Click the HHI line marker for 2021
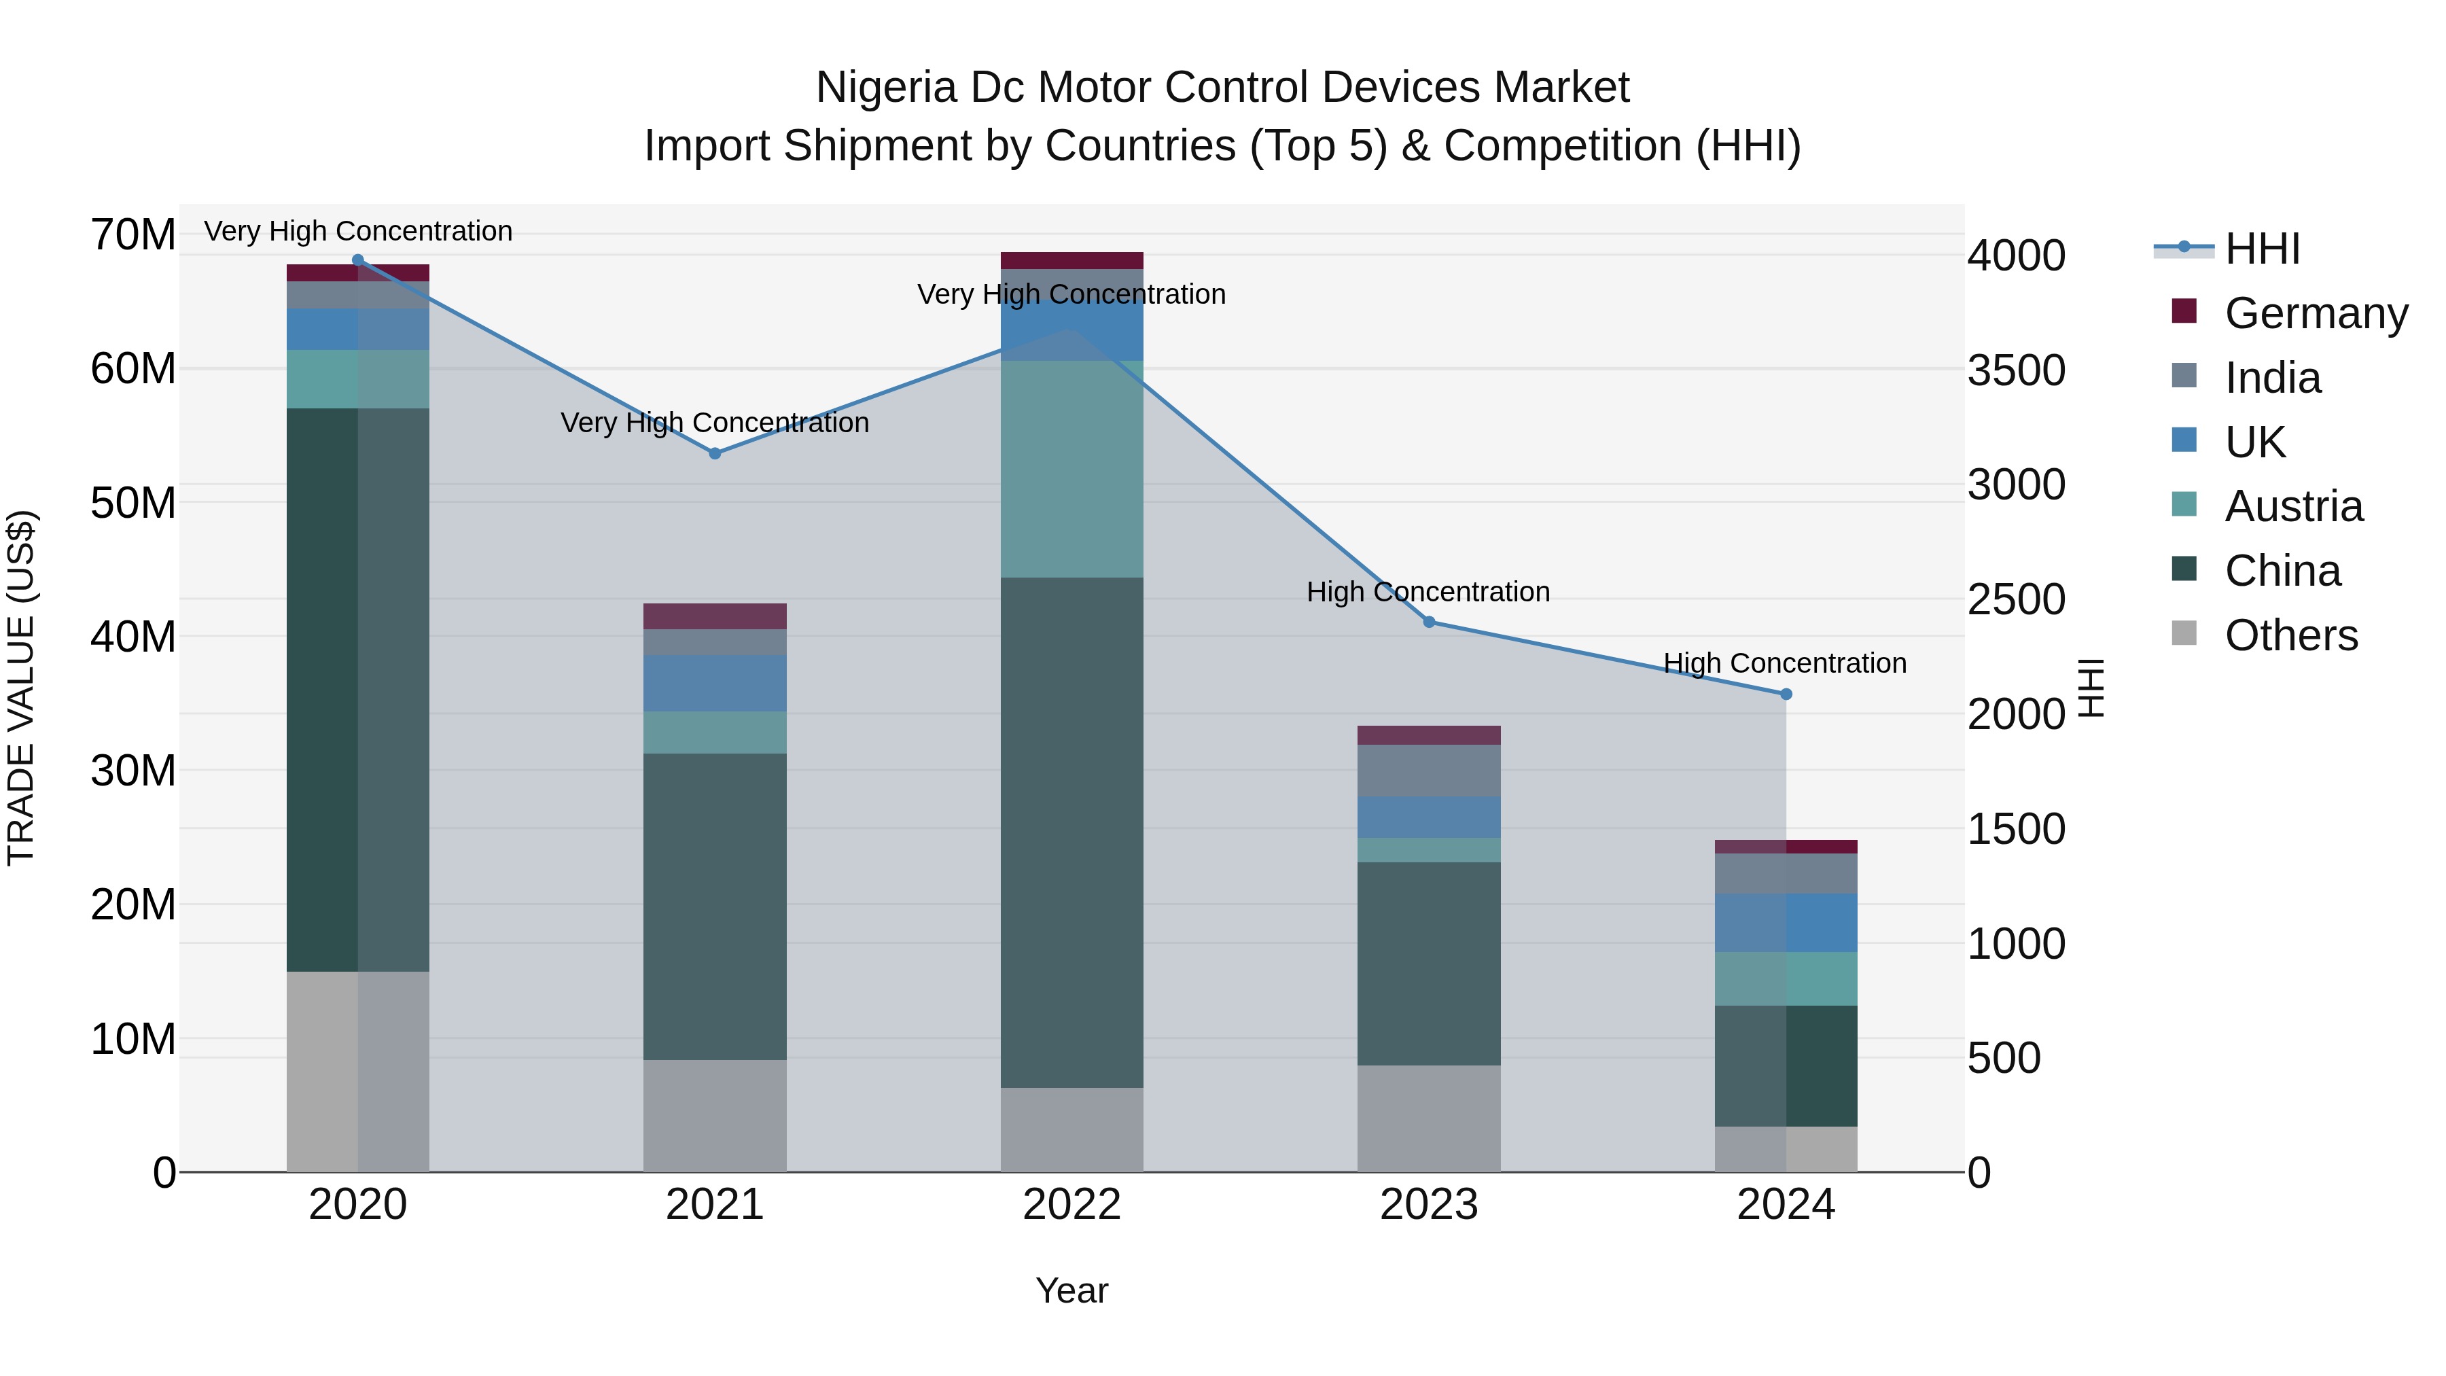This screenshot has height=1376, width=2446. [x=715, y=454]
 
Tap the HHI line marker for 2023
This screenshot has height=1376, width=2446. [x=1429, y=622]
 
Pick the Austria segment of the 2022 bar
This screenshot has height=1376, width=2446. [x=1072, y=469]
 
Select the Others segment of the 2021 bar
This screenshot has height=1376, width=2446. [x=715, y=1116]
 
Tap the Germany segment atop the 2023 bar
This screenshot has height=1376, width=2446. [x=1429, y=735]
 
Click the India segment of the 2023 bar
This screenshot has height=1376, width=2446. [x=1429, y=770]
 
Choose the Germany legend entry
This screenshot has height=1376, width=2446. [x=2315, y=313]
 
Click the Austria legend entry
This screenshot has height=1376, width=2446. [x=2293, y=506]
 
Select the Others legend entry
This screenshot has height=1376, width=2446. [x=2290, y=635]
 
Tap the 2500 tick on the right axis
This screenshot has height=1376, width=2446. [x=2016, y=600]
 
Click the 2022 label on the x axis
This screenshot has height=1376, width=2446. [x=1072, y=1205]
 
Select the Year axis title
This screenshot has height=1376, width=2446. [x=1072, y=1290]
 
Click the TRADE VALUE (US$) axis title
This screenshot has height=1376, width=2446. [x=21, y=688]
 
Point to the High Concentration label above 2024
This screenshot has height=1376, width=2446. [x=1785, y=663]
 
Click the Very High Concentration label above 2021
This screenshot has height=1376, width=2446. [x=715, y=423]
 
